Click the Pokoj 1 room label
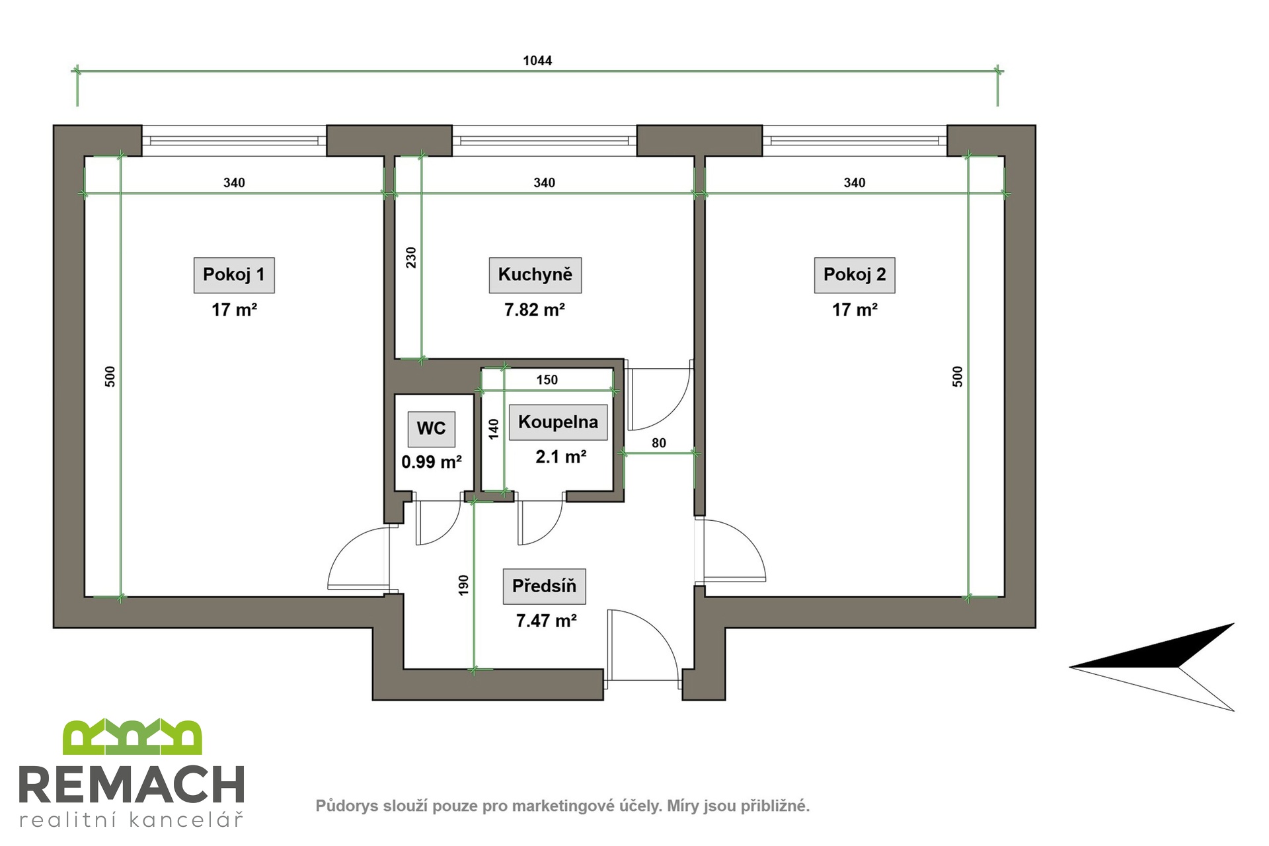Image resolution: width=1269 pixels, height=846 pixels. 234,275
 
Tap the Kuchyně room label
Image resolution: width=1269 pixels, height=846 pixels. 535,275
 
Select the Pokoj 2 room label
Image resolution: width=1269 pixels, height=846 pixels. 855,275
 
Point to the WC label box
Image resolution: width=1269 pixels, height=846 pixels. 431,428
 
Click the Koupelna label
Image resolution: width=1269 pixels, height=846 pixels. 558,422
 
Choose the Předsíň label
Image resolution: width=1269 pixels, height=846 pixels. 545,586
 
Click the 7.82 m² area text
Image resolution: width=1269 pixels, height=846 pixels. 535,310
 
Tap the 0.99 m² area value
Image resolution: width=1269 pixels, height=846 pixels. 432,462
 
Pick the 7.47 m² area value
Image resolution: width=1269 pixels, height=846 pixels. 547,621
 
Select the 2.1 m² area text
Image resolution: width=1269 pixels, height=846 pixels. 561,457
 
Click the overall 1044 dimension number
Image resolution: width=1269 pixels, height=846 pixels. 537,61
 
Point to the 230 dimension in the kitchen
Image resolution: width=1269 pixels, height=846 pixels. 411,257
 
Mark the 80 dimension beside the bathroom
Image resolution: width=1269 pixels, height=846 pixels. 659,443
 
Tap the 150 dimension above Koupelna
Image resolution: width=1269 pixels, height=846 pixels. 547,380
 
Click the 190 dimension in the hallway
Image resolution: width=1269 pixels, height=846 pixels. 463,585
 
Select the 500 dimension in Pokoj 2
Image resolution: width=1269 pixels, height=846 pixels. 958,376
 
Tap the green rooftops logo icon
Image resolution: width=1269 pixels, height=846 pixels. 132,737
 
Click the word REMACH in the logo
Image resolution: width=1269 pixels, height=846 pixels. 132,785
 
